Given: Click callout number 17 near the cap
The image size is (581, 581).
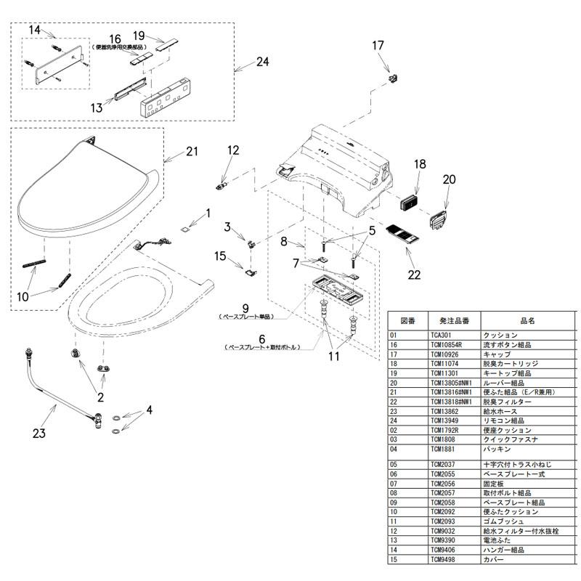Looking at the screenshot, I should pyautogui.click(x=378, y=45).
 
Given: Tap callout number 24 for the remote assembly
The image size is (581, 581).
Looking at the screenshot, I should pyautogui.click(x=262, y=62).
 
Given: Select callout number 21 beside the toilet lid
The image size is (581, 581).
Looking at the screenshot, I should pyautogui.click(x=192, y=151).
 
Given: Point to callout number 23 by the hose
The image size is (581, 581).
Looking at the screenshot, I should pyautogui.click(x=38, y=434).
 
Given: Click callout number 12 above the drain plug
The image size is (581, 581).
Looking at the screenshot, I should pyautogui.click(x=233, y=150).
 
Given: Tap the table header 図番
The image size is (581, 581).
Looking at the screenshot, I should pyautogui.click(x=407, y=320).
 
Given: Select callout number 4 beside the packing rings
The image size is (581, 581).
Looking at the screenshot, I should pyautogui.click(x=149, y=410).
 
